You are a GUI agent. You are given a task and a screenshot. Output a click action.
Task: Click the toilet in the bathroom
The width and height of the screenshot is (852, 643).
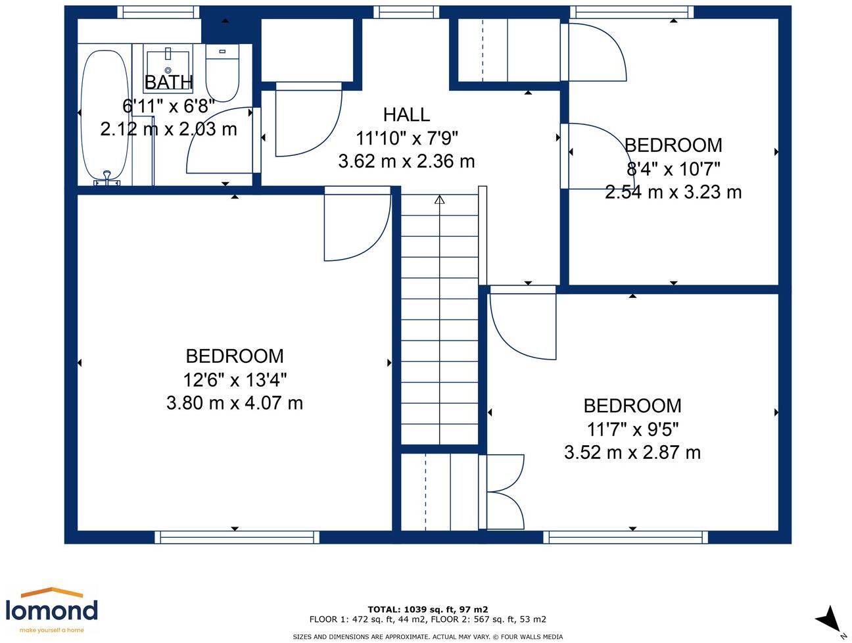click(222, 73)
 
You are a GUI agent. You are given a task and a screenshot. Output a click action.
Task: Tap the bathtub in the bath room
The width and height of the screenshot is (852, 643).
click(105, 117)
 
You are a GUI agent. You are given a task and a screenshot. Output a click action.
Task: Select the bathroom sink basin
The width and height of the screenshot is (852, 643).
click(168, 68)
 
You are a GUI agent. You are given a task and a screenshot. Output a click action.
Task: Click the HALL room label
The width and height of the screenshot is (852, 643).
click(406, 115)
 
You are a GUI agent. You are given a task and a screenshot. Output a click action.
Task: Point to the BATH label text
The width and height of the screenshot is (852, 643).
click(168, 82)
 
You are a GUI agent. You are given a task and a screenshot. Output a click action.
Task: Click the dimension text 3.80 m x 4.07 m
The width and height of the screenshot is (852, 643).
click(235, 403)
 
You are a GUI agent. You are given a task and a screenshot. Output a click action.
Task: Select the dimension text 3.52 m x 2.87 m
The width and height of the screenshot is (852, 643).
click(632, 452)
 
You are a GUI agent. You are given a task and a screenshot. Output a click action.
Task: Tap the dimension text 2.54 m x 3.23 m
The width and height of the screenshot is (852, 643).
click(673, 192)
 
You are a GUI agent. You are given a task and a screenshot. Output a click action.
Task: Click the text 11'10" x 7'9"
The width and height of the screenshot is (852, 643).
click(406, 138)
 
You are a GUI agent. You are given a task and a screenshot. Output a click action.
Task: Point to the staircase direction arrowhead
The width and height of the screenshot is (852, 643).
click(439, 200)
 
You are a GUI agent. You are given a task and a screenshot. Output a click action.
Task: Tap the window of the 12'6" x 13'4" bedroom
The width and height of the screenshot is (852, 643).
click(237, 537)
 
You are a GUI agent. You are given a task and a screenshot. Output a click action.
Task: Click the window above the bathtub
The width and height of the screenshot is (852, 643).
click(158, 12)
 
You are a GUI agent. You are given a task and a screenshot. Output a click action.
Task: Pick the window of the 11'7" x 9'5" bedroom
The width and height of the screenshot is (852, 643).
click(625, 537)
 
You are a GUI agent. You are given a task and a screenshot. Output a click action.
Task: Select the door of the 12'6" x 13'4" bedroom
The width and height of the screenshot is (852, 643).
click(358, 224)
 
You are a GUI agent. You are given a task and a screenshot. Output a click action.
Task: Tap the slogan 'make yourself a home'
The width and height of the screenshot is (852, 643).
click(52, 631)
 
